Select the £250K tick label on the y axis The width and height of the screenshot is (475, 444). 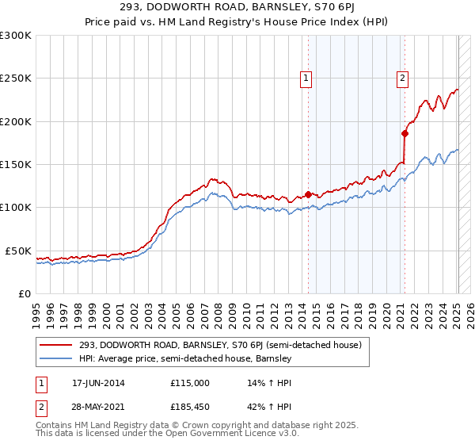(x=15, y=78)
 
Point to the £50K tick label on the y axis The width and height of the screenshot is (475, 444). (x=17, y=251)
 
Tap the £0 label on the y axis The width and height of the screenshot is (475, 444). (x=25, y=293)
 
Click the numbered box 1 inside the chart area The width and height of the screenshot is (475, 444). (x=306, y=78)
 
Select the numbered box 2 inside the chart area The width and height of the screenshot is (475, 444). (x=403, y=78)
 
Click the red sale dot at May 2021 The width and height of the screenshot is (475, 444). (x=404, y=134)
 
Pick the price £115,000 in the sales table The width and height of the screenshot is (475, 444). (x=190, y=383)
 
